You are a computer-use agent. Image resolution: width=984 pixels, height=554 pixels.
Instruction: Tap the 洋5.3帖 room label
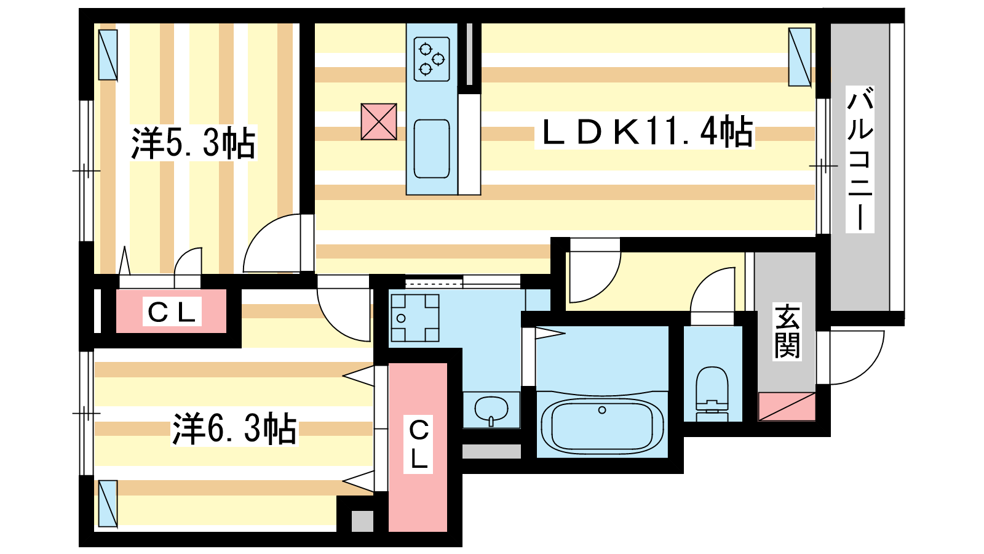click(193, 143)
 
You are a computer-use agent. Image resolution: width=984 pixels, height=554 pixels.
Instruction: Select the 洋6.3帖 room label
click(234, 428)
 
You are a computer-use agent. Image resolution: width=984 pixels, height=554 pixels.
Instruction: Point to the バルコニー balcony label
click(860, 159)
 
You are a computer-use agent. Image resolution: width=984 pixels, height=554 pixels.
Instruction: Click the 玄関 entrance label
click(787, 332)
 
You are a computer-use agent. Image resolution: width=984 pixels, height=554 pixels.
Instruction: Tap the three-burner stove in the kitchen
click(431, 59)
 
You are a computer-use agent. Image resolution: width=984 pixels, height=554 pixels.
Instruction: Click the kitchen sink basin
click(431, 148)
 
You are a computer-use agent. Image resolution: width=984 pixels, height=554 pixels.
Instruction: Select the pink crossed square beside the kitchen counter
click(379, 122)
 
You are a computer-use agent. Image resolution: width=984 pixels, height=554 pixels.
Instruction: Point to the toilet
click(712, 394)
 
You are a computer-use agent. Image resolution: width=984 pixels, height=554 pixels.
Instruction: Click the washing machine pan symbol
click(415, 318)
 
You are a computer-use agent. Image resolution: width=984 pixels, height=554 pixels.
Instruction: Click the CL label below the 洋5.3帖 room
click(172, 311)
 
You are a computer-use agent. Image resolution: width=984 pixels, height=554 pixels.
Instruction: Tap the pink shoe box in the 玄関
click(787, 407)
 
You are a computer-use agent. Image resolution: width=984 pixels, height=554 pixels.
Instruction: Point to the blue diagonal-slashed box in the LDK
click(799, 57)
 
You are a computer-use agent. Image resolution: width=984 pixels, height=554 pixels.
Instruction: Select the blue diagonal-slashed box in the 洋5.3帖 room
click(108, 55)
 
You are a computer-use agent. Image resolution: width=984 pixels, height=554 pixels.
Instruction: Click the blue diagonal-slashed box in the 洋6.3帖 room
click(108, 504)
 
